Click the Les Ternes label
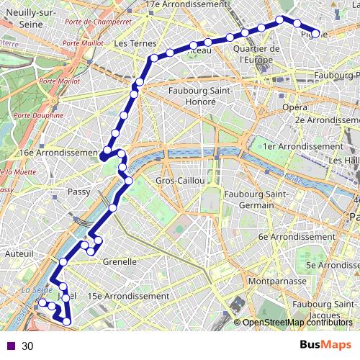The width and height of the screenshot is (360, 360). click(x=130, y=43)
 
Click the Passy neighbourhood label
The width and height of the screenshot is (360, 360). click(x=78, y=192)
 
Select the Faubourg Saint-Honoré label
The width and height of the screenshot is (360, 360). click(x=192, y=96)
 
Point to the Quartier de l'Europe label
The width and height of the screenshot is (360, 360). click(x=256, y=54)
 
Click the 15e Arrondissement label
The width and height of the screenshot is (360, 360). click(x=127, y=296)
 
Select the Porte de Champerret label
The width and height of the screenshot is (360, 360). click(x=97, y=22)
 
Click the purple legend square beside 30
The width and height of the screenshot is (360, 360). click(x=11, y=346)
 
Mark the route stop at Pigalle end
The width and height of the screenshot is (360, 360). click(x=315, y=33)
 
